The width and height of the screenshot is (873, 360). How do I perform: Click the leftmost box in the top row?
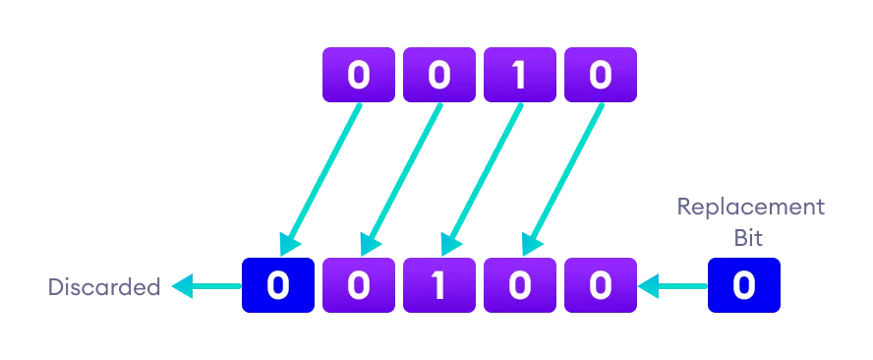coord(359,76)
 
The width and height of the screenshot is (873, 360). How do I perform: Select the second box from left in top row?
coord(439,76)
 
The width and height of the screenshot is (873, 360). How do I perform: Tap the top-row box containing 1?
coord(520,76)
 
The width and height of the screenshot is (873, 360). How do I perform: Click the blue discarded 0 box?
coord(278,286)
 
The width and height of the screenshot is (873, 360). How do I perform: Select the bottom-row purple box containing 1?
coord(439,286)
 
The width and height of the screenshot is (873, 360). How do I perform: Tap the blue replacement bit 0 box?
coord(744,286)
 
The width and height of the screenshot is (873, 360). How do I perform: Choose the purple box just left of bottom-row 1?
coord(359,286)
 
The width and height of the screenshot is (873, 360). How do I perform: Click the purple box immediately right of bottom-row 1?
coord(520,286)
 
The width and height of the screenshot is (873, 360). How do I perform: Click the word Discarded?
coord(104,287)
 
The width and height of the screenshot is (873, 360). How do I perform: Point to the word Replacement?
coord(750,208)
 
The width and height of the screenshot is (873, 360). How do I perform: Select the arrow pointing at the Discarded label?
coord(206,287)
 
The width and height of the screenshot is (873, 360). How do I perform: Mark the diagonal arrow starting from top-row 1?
coord(482,177)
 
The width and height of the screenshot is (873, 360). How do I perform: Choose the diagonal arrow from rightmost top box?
coord(562,177)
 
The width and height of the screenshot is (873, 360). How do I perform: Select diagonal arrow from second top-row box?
coord(401,177)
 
